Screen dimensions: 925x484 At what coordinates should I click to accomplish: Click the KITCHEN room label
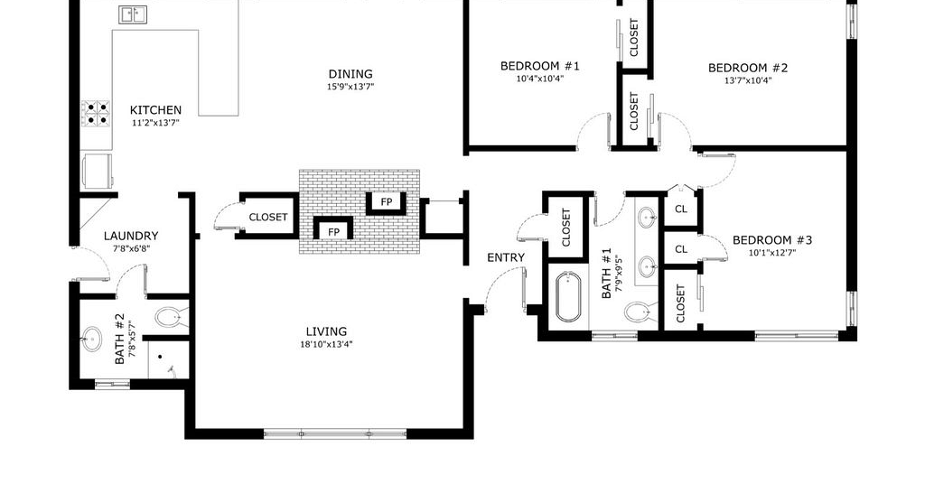click(155, 110)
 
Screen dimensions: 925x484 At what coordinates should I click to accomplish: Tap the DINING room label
click(350, 74)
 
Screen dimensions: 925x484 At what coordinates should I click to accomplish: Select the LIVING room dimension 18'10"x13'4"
click(326, 344)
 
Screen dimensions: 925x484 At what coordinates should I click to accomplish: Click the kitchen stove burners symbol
click(96, 113)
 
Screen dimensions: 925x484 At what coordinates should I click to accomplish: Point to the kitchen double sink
click(134, 14)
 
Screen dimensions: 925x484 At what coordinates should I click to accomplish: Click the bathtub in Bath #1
click(568, 296)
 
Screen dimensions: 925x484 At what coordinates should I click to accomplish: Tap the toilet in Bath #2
click(172, 317)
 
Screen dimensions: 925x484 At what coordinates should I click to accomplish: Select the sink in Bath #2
click(91, 339)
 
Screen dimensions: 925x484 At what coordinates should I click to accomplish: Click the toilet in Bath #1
click(640, 312)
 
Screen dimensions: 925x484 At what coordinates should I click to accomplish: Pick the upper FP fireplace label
click(387, 202)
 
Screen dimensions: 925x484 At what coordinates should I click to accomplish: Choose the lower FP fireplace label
click(333, 232)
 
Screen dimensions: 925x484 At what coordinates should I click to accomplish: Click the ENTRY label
click(506, 257)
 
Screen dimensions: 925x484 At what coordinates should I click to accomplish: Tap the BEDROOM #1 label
click(540, 66)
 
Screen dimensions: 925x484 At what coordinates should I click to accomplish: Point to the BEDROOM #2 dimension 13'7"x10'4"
click(748, 80)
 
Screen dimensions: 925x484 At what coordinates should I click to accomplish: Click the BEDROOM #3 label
click(772, 240)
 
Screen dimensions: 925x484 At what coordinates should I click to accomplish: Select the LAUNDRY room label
click(131, 236)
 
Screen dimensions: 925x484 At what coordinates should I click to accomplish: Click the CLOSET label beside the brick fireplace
click(268, 217)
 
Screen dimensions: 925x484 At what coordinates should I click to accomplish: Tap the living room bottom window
click(335, 434)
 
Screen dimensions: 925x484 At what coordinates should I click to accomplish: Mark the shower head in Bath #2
click(172, 370)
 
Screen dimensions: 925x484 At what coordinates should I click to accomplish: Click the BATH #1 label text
click(606, 273)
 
